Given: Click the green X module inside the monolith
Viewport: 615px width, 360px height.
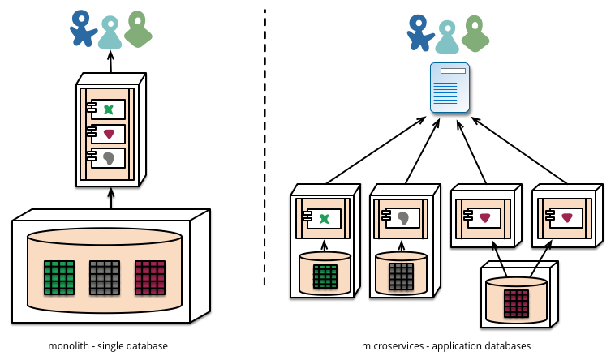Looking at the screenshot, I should click(109, 109).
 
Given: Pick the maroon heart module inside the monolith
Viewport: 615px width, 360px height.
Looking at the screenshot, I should click(109, 134).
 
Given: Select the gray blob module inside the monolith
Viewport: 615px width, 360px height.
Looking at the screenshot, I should click(109, 158).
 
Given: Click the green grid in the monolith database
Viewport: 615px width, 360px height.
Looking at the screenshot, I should click(59, 276).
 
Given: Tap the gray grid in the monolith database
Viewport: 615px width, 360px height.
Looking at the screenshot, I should click(105, 276).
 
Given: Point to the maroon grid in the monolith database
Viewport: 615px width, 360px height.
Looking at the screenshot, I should click(150, 276).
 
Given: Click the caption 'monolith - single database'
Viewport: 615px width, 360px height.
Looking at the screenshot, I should click(108, 346).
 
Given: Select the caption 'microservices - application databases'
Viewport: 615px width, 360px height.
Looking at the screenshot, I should click(446, 346).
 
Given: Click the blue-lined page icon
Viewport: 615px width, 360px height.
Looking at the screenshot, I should click(450, 88).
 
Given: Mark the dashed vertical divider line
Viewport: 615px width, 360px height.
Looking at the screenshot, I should click(265, 146).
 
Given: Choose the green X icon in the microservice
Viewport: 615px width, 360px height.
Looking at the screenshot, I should click(325, 218).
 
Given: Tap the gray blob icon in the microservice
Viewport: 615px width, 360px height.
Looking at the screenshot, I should click(403, 218).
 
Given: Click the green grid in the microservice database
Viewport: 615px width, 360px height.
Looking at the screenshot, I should click(325, 276).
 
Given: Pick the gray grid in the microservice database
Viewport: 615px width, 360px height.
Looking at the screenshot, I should click(401, 276).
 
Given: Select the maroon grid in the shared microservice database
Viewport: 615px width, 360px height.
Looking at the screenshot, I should click(516, 303).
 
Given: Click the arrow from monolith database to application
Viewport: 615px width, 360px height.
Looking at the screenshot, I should click(111, 199).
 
